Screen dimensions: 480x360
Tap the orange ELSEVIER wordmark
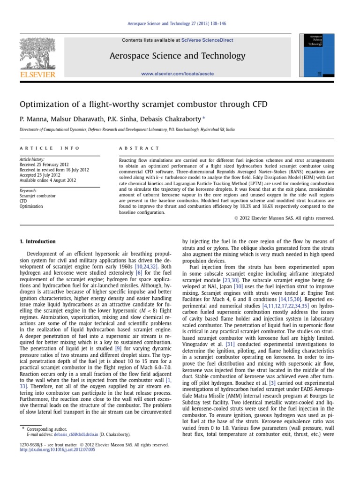pyautogui.click(x=37, y=75)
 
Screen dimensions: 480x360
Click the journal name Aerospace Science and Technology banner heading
pyautogui.click(x=177, y=56)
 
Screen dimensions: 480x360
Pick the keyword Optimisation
pyautogui.click(x=31, y=206)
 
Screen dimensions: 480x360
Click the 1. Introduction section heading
pyautogui.click(x=37, y=242)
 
